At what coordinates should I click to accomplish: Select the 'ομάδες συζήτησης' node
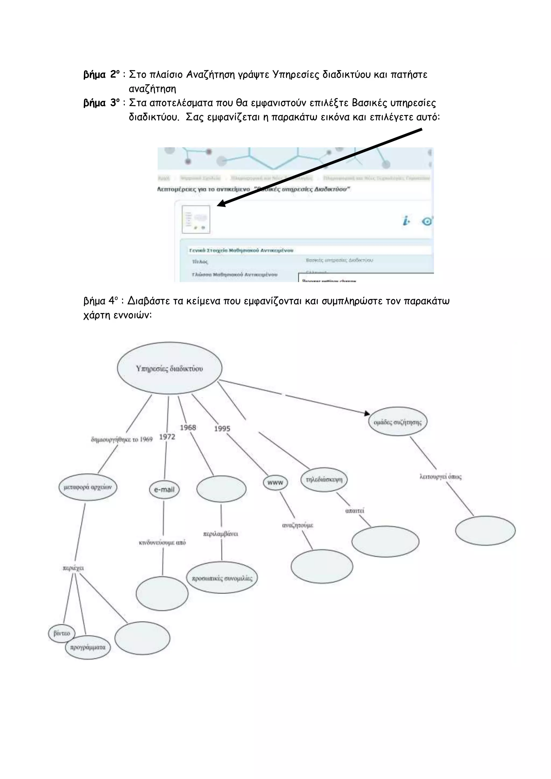[398, 422]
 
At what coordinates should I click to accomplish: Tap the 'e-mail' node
[164, 490]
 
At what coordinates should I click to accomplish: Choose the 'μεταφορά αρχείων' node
[87, 487]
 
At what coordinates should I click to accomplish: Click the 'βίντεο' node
[62, 633]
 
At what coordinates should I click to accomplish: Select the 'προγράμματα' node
[88, 647]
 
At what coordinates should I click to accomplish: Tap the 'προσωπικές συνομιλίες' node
[222, 578]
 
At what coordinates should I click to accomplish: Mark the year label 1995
[222, 429]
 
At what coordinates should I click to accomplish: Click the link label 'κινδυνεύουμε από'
[163, 543]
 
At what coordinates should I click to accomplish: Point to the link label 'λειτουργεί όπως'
[440, 477]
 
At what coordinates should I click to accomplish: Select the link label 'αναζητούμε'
[298, 525]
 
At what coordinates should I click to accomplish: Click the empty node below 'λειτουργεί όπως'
[485, 531]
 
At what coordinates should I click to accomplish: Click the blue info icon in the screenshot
[406, 221]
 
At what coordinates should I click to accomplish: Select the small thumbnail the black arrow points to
[196, 219]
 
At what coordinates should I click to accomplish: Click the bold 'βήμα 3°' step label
[101, 103]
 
